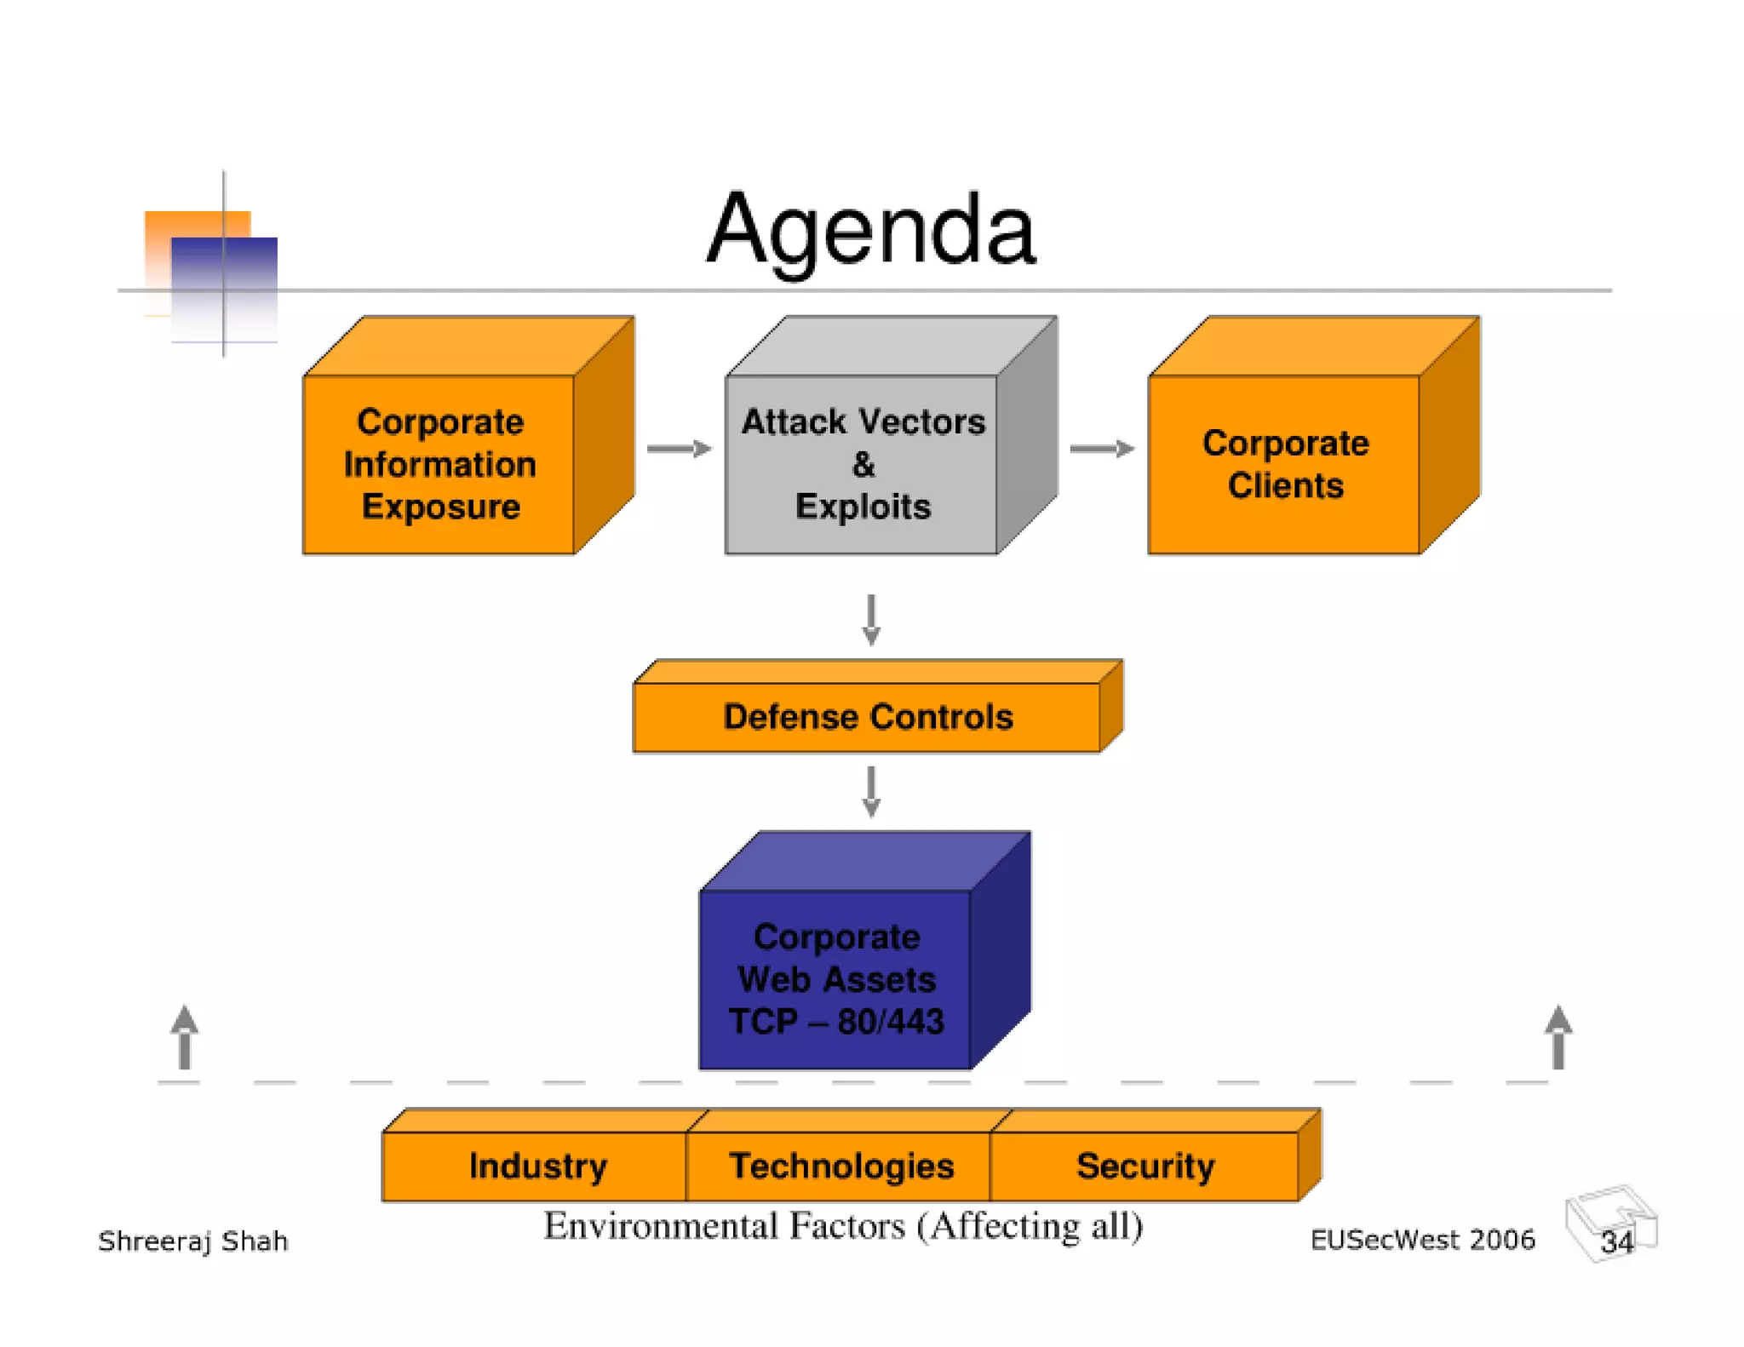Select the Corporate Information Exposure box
[439, 464]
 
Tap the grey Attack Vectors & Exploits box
[862, 464]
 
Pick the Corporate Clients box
[1284, 464]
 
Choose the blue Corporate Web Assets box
[836, 979]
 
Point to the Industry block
[536, 1166]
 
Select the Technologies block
[840, 1166]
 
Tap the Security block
[1144, 1166]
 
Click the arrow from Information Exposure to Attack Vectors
[679, 449]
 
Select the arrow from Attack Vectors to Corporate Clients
[1101, 449]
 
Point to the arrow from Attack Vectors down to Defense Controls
[870, 619]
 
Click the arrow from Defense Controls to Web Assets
[870, 791]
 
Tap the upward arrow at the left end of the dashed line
[185, 1036]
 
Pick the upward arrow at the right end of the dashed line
[1558, 1036]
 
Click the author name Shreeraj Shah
[193, 1241]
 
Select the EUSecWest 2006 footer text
[1422, 1240]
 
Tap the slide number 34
[1616, 1241]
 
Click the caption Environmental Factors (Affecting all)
[843, 1226]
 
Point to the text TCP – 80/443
[836, 1022]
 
